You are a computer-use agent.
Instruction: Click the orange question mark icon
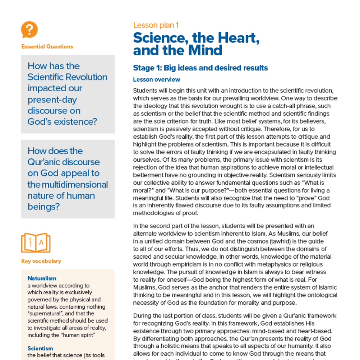29,30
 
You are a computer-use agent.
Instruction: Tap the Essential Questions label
47,47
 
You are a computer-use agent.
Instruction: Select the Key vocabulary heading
41,261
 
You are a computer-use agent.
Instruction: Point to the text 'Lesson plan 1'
156,25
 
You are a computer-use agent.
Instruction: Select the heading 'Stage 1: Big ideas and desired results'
200,68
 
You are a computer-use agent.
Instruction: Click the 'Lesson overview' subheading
157,80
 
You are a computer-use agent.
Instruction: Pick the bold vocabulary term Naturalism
42,278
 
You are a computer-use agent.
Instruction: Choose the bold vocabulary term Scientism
40,348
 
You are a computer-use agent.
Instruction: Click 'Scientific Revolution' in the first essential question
67,77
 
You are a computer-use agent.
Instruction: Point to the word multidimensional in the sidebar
71,184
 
